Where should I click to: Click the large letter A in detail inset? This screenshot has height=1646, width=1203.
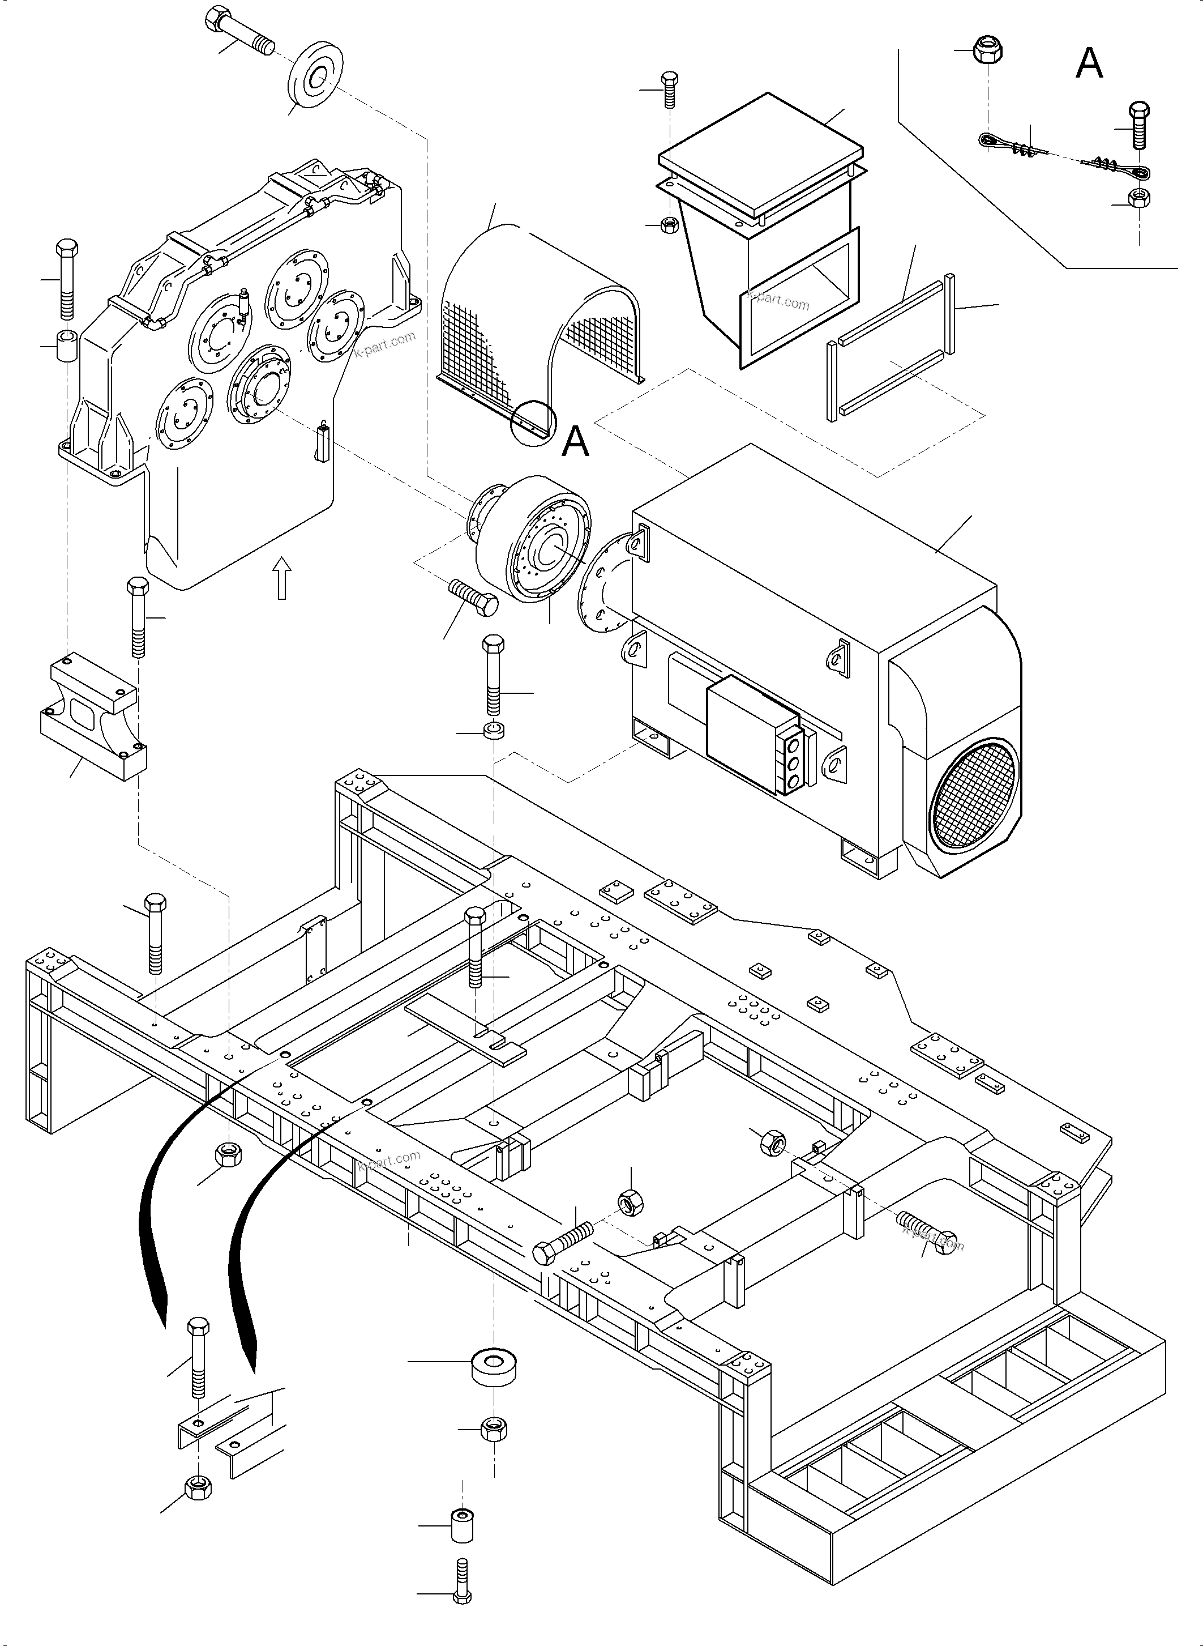click(x=1089, y=63)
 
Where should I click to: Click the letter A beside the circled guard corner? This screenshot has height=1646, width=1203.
click(x=575, y=441)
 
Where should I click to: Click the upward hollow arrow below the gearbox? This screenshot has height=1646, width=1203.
click(x=282, y=578)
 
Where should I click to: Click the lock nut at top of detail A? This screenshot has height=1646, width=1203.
click(x=987, y=52)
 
